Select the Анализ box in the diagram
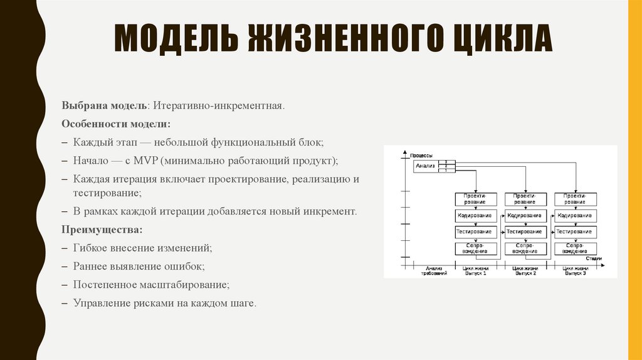click(424, 166)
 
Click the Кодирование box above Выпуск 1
click(476, 216)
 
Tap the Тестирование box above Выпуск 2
click(525, 232)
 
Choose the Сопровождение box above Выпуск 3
click(576, 248)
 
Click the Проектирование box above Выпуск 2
click(525, 199)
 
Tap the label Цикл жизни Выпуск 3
click(576, 272)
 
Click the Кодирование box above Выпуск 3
click(576, 216)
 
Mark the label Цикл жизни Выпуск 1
click(476, 272)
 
